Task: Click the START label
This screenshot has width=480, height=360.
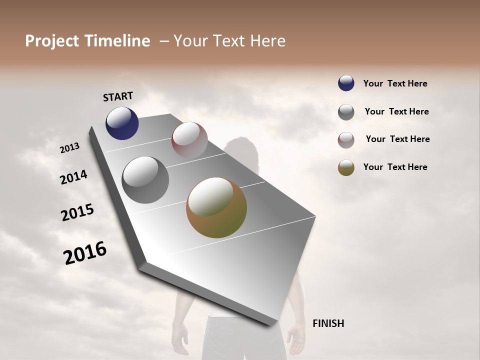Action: click(118, 96)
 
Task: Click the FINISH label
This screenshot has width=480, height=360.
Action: click(328, 323)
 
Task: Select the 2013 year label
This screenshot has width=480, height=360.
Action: click(69, 148)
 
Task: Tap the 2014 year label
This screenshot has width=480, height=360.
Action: click(73, 177)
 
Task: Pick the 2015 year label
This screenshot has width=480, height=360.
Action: click(77, 212)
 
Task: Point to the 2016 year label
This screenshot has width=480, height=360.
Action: click(85, 253)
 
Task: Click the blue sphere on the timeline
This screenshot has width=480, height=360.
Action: click(122, 123)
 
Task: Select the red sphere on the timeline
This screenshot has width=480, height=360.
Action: click(189, 139)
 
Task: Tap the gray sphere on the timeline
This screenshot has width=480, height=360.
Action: click(145, 180)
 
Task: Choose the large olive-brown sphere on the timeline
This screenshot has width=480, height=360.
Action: click(216, 207)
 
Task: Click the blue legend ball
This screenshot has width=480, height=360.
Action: click(346, 83)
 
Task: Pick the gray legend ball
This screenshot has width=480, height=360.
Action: click(346, 112)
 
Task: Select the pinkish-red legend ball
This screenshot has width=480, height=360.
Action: click(346, 140)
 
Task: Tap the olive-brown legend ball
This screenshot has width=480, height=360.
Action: click(346, 167)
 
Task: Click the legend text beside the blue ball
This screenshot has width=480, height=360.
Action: click(395, 84)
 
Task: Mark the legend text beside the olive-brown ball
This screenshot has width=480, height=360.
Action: click(395, 167)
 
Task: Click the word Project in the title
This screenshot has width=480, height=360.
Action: click(52, 41)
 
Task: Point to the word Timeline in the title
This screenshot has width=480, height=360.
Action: click(117, 41)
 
